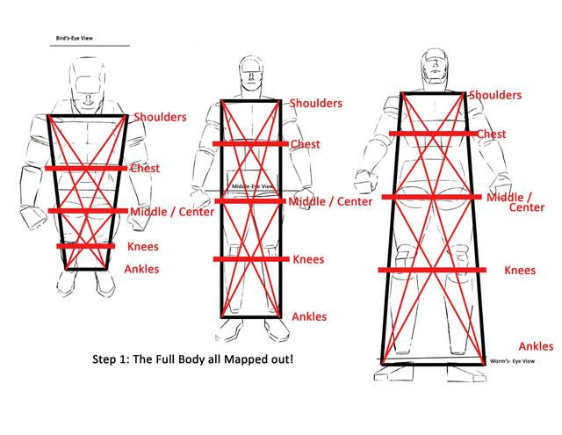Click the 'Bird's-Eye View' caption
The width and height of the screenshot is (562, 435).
74,38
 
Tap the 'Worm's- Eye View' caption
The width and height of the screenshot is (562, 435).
512,361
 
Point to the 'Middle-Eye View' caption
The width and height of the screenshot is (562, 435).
252,186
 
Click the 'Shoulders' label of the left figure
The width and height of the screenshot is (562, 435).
160,117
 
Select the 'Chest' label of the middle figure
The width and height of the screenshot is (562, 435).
305,144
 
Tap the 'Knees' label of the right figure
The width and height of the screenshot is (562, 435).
520,271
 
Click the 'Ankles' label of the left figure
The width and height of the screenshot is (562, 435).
141,269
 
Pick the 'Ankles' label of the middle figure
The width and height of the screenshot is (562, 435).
309,316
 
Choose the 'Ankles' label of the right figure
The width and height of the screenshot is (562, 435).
536,346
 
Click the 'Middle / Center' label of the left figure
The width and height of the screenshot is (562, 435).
172,212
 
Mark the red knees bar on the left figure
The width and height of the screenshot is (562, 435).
86,246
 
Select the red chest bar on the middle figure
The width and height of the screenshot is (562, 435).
250,144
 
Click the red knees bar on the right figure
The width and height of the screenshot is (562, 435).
432,270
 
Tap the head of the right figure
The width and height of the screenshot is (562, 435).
435,67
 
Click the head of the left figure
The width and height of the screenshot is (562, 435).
87,83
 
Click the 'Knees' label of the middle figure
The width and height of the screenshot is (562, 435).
308,259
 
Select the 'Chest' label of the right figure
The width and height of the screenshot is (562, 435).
492,134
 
